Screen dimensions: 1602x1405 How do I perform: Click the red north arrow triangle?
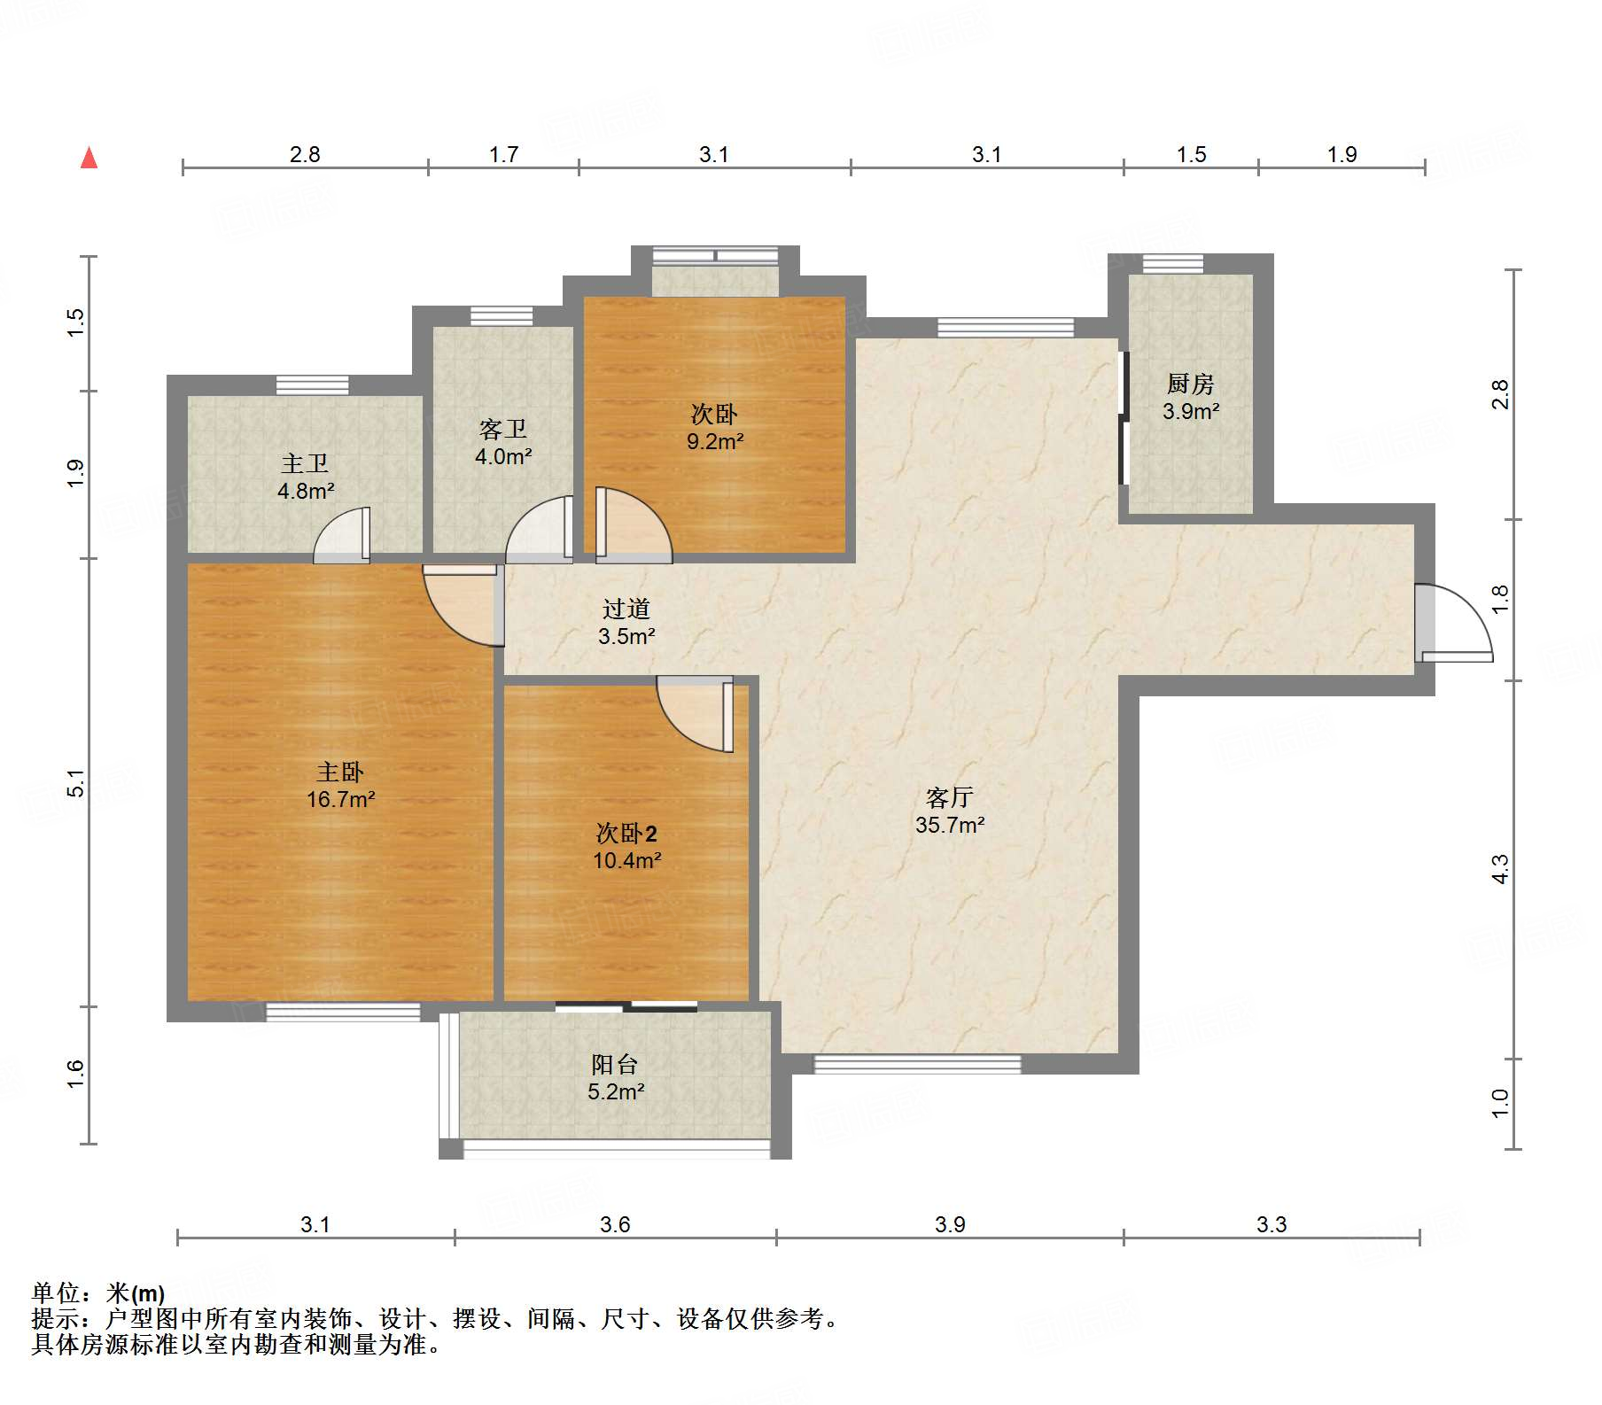click(89, 158)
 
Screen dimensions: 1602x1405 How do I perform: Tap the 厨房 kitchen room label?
click(1190, 384)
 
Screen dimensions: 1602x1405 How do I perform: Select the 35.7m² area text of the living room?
click(950, 825)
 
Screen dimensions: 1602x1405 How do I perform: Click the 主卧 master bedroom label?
click(340, 772)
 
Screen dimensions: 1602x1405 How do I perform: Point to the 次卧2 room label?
click(626, 833)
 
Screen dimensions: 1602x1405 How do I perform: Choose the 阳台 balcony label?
click(615, 1064)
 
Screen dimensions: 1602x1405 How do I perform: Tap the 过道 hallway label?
click(626, 609)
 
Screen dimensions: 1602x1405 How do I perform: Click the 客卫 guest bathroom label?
click(502, 429)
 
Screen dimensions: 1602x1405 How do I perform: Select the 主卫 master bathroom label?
click(305, 463)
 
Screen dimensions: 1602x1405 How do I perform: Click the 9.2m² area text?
click(715, 441)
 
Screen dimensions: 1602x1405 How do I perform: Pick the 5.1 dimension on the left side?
click(76, 783)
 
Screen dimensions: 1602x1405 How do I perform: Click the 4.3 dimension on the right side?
click(1499, 869)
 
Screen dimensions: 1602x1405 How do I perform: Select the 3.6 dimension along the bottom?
click(615, 1224)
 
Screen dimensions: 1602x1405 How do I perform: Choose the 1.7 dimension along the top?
click(503, 154)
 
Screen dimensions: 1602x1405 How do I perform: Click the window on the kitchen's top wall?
click(1172, 263)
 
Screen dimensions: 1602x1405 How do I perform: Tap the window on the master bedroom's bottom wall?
click(343, 1012)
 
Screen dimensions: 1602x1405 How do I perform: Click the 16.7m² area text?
click(341, 799)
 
